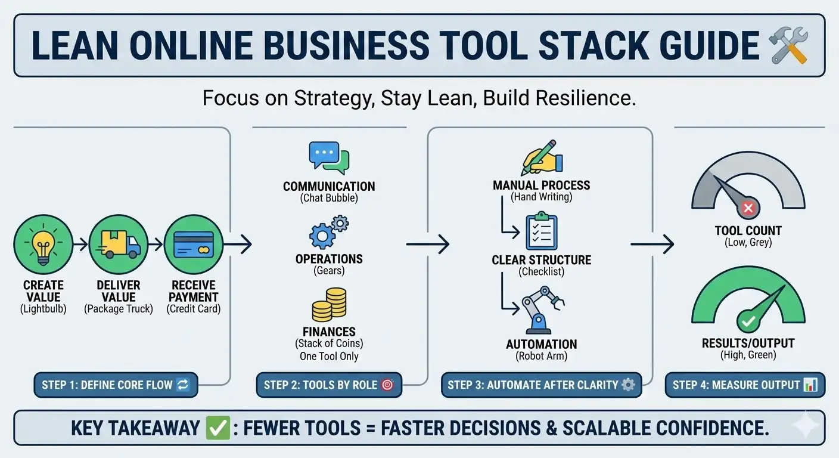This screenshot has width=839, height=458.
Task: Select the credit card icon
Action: [x=194, y=245]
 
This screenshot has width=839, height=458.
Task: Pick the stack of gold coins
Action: [x=329, y=305]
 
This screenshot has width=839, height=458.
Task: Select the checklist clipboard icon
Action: [x=542, y=232]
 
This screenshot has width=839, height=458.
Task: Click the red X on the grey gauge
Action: [x=748, y=208]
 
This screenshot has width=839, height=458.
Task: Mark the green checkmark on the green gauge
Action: [x=747, y=321]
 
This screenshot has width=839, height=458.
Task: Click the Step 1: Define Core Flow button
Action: [x=116, y=385]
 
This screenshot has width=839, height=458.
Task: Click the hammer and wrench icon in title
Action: [x=789, y=47]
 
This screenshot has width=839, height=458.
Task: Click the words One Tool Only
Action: [x=329, y=357]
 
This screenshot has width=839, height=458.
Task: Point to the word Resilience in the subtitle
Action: [x=589, y=98]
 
